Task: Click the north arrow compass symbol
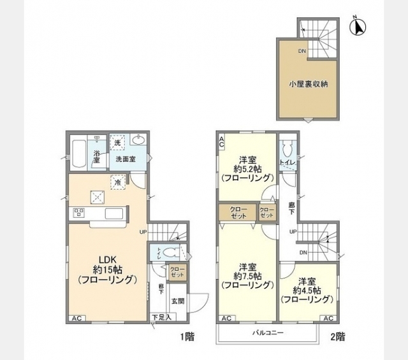[358, 27]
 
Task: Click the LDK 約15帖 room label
[106, 269]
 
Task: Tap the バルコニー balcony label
[266, 333]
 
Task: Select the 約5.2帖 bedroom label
[247, 168]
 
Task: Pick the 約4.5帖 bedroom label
[307, 289]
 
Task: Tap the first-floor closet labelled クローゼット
[176, 272]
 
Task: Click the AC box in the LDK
[76, 317]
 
